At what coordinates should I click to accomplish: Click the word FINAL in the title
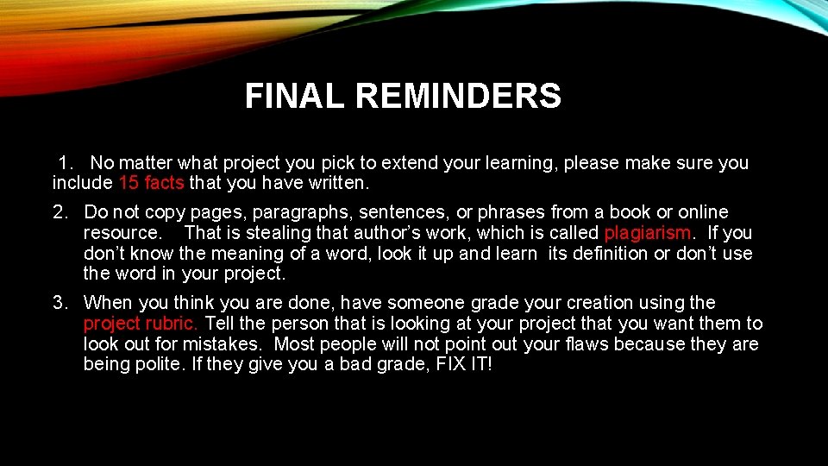tap(295, 97)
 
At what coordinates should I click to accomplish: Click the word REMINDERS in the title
tap(458, 97)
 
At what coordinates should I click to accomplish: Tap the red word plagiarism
tap(648, 233)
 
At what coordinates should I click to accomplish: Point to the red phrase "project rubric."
tap(141, 324)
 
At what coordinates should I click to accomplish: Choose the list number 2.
tap(60, 212)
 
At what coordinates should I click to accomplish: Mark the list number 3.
tap(60, 303)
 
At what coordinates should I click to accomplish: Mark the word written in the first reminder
tap(338, 183)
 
